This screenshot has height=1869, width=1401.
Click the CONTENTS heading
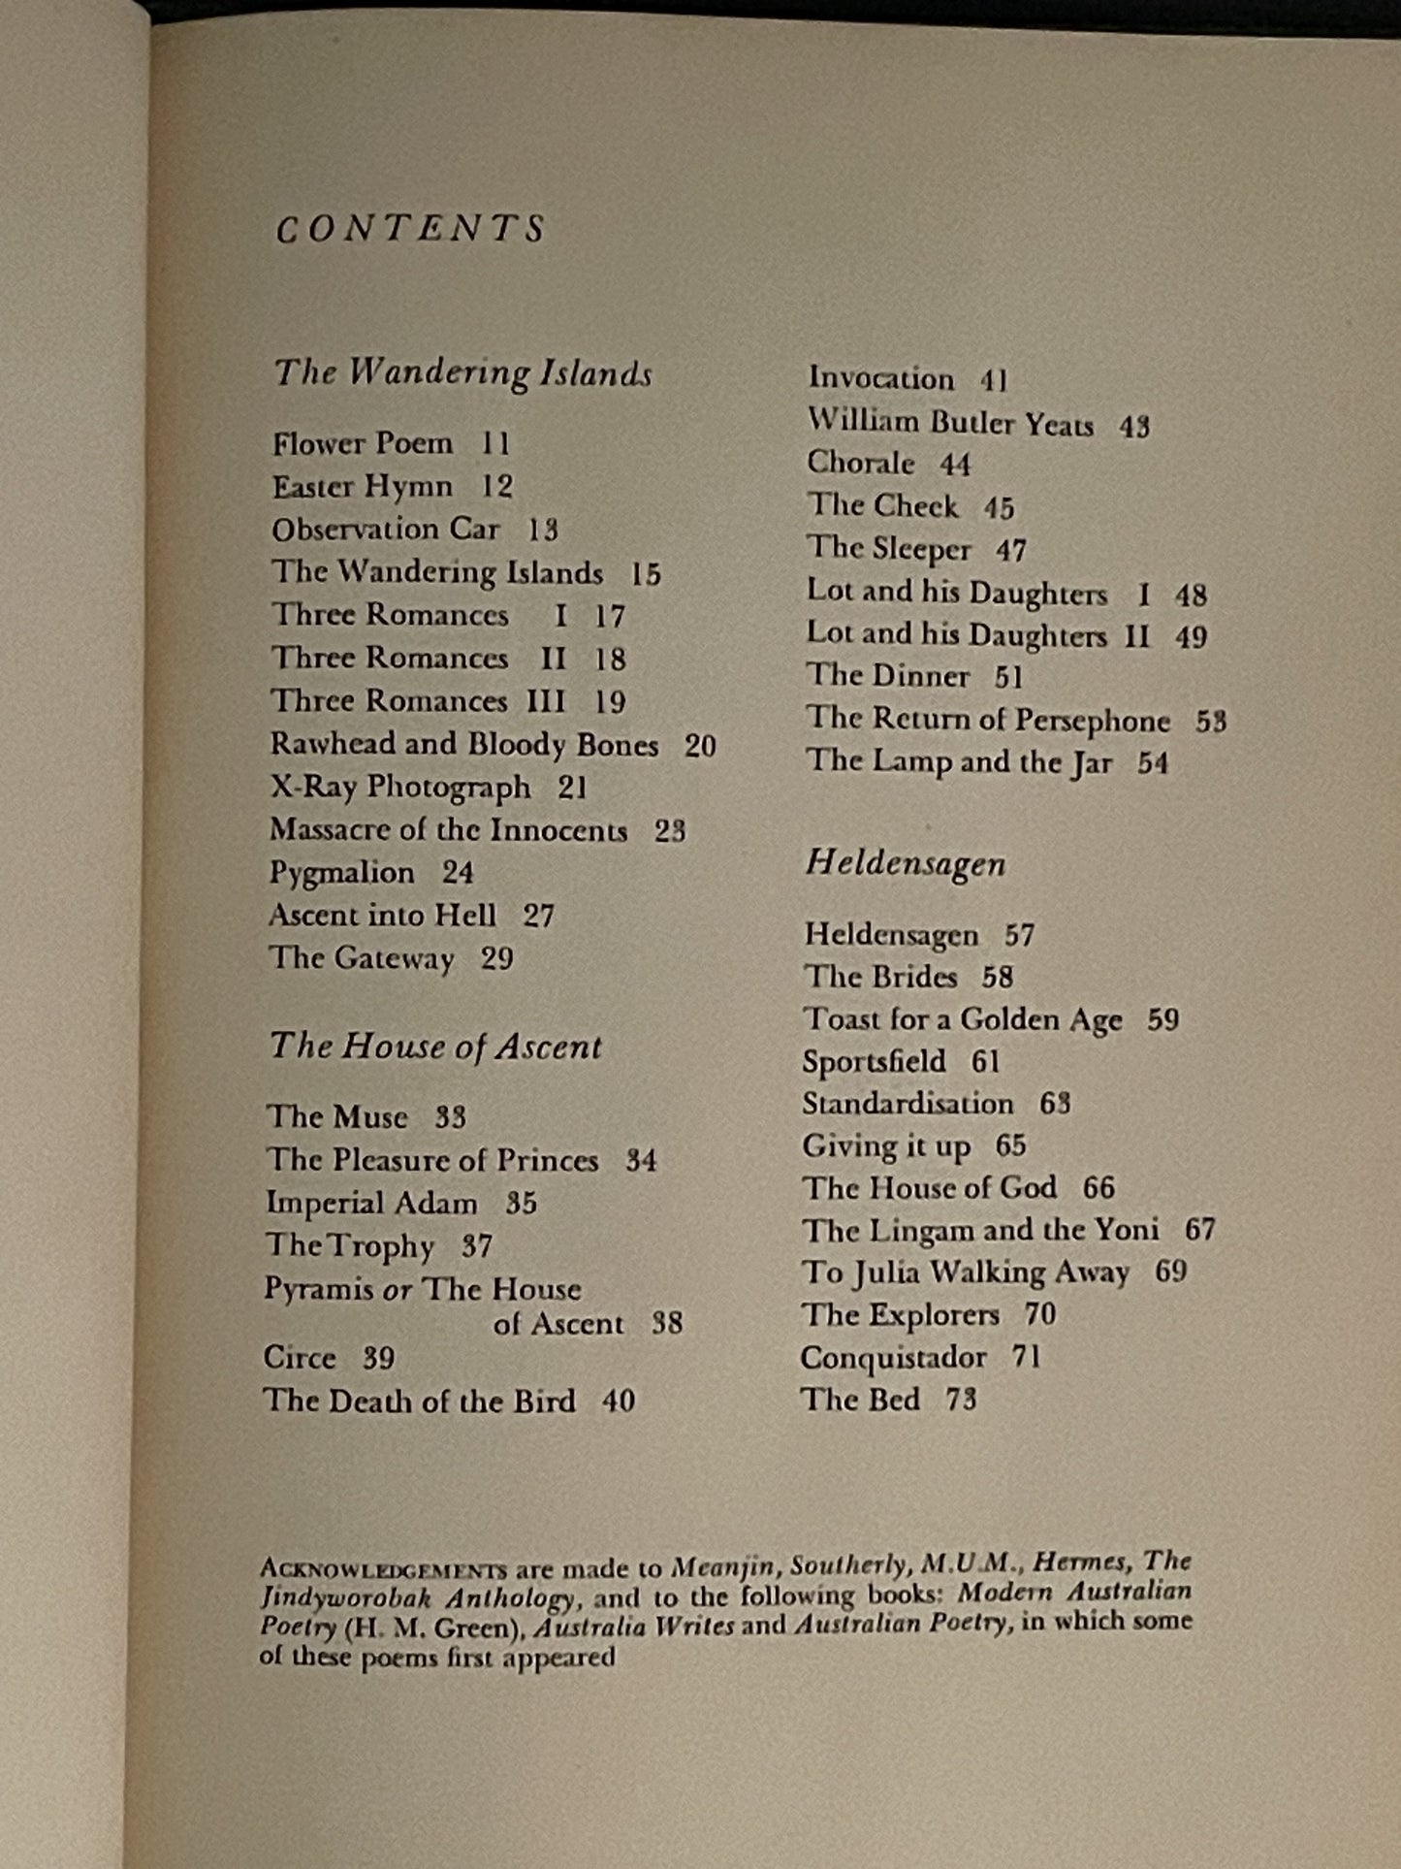(411, 230)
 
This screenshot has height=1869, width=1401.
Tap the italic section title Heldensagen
(905, 862)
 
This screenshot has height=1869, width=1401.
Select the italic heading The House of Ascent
(435, 1046)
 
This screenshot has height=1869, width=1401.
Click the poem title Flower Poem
(363, 443)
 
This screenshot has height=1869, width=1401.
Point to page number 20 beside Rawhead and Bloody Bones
(700, 745)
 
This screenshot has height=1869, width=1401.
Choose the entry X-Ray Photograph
(400, 787)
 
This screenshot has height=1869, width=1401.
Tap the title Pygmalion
(342, 872)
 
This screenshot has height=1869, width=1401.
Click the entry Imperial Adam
(371, 1203)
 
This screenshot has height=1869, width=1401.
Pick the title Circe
(300, 1357)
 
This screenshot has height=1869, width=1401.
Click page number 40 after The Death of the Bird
(619, 1401)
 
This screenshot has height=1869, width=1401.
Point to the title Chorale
(861, 463)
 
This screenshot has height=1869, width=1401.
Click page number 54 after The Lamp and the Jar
(1153, 762)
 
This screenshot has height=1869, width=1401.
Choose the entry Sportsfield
(874, 1061)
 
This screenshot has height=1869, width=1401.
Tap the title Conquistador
(893, 1357)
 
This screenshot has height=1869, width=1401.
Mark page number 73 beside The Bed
(961, 1399)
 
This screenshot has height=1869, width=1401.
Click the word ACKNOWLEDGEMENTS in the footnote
(384, 1569)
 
